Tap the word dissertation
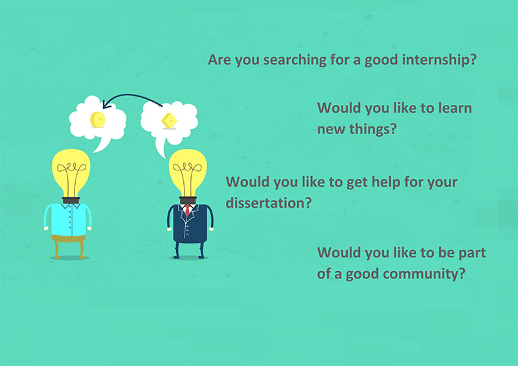point(265,203)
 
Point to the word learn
point(455,108)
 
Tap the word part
point(473,253)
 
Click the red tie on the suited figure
point(187,210)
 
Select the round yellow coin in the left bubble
point(98,119)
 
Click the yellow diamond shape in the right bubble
point(169,121)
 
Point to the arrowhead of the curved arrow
point(106,104)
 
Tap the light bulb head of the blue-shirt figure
point(71,172)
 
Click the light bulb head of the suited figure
point(188,172)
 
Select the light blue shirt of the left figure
point(69,220)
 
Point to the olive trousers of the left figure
point(69,246)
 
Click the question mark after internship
point(473,60)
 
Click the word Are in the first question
point(217,60)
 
